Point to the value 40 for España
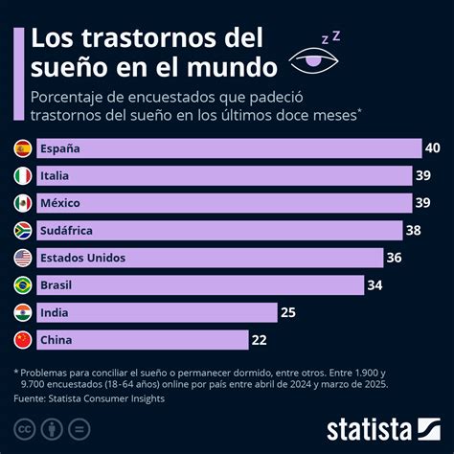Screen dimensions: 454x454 [x=433, y=148]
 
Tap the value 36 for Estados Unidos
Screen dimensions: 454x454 [x=395, y=258]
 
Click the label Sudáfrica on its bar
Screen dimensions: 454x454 [x=70, y=231]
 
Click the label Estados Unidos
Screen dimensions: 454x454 [x=82, y=258]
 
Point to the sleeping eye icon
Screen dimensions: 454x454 [x=319, y=58]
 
